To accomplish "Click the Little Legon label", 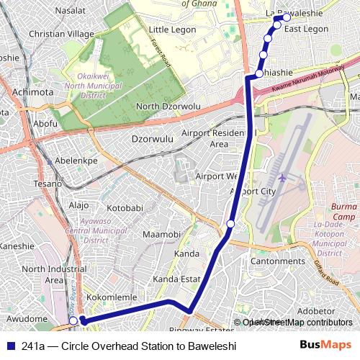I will [173, 29].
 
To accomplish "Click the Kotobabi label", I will [125, 208].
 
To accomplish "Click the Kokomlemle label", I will [107, 297].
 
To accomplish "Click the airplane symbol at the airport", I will [282, 176].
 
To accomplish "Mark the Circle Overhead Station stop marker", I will [73, 321].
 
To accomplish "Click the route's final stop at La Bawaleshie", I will [287, 17].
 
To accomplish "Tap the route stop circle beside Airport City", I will [230, 225].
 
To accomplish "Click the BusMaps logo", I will [325, 346].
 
